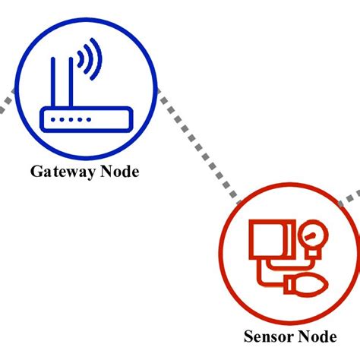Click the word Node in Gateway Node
[119, 172]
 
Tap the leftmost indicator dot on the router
[52, 120]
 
